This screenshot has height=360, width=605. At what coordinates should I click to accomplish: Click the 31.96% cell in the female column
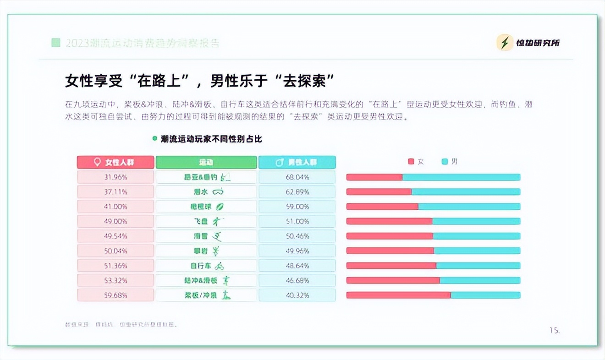(115, 177)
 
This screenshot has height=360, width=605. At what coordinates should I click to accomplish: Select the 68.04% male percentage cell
(297, 177)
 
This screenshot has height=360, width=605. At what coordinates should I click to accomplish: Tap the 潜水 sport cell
(206, 192)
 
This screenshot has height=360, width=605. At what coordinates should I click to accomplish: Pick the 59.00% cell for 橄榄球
(297, 207)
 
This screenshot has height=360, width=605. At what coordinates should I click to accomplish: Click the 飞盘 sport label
(206, 222)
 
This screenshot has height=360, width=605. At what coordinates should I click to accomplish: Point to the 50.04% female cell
(115, 251)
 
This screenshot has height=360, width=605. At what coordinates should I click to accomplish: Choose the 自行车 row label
(206, 266)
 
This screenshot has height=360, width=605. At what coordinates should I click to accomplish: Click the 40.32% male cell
(297, 295)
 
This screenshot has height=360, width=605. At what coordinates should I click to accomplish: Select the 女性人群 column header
(115, 162)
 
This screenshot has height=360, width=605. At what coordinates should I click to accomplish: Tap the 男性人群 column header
(297, 162)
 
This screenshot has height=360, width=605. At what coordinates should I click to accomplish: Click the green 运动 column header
(206, 162)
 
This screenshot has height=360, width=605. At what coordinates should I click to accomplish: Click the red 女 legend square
(411, 162)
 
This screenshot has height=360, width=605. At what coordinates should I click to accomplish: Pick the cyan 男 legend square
(445, 162)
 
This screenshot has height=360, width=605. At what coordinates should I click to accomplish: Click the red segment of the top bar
(374, 177)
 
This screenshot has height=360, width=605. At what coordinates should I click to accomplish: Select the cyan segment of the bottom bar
(485, 295)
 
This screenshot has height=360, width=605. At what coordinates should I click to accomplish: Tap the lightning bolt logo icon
(505, 43)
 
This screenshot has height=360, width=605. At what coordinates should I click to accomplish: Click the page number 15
(554, 330)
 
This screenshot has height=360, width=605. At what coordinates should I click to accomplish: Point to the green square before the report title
(56, 43)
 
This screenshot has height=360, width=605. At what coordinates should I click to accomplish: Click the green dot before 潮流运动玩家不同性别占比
(155, 138)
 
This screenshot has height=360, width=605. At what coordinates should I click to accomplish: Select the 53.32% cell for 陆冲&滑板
(115, 280)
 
